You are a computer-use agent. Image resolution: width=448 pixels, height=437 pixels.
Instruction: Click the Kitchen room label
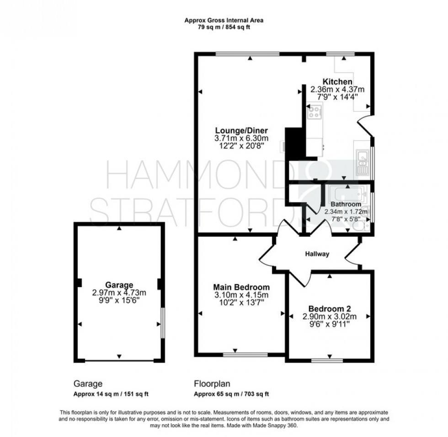337,82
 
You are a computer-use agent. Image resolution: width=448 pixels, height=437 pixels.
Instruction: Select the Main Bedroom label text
241,287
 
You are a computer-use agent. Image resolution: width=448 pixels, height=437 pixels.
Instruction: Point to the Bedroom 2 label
329,308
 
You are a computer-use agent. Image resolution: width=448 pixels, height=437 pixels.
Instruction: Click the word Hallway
317,254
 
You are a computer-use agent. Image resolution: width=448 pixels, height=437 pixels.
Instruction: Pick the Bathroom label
346,204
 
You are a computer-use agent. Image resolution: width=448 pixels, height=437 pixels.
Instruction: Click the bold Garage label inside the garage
119,284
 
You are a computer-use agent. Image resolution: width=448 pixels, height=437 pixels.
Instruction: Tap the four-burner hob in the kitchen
315,112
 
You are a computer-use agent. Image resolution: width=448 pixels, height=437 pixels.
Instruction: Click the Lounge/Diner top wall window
247,54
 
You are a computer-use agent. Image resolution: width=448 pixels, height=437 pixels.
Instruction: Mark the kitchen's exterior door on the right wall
366,125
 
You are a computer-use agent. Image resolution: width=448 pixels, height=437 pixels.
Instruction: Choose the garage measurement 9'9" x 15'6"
119,300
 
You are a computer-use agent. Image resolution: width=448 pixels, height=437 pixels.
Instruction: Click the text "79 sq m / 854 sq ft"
224,27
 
